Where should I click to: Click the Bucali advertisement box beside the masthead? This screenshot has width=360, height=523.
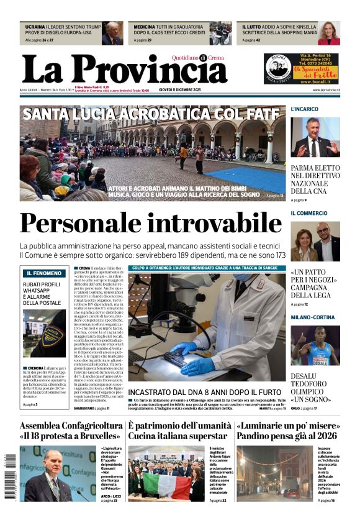click(302, 68)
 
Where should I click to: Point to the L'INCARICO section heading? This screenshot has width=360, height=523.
click(305, 109)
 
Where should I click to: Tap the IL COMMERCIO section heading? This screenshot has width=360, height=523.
click(309, 213)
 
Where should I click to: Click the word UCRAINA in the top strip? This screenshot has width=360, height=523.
click(35, 27)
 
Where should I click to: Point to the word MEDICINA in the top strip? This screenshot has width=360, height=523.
click(145, 27)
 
